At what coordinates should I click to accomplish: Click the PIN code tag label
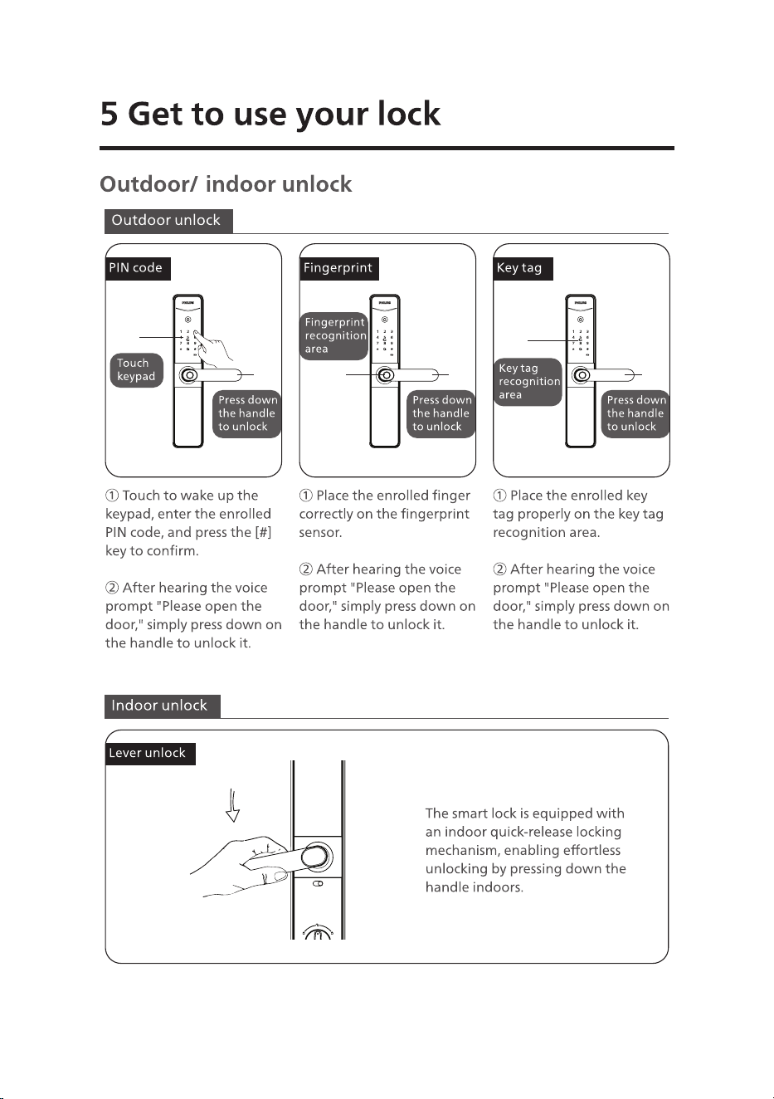click(138, 268)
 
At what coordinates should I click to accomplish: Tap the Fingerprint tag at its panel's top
click(339, 268)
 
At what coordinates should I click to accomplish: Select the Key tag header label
click(523, 268)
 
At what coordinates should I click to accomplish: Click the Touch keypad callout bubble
click(136, 370)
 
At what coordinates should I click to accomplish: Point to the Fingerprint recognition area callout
click(333, 336)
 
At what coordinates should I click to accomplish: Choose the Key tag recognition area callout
click(528, 382)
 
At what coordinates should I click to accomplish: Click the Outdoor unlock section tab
click(168, 221)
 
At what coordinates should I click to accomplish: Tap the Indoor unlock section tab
click(163, 706)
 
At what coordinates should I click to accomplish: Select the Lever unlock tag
click(150, 754)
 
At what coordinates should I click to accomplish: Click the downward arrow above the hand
click(232, 806)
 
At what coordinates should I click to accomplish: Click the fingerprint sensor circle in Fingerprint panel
click(386, 375)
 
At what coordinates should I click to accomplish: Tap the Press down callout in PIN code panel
click(246, 413)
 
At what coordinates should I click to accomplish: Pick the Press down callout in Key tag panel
click(635, 413)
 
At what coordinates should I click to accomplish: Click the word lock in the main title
click(409, 114)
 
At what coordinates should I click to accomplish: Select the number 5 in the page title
click(109, 114)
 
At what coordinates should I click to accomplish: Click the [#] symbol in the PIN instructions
click(263, 533)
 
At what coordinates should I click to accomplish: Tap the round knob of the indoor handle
click(315, 857)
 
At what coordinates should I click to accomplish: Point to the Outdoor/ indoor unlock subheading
click(226, 184)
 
